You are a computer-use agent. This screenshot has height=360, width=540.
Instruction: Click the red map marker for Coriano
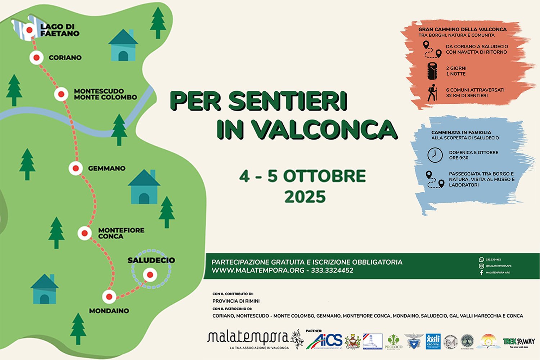(x=36, y=58)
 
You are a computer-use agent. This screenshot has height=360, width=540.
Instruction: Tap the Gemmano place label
(x=107, y=168)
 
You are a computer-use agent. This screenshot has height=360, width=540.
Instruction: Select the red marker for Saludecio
(x=150, y=275)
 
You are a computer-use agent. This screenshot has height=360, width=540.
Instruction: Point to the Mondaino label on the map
(x=109, y=311)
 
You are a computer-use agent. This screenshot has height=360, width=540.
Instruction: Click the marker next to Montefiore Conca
(x=85, y=233)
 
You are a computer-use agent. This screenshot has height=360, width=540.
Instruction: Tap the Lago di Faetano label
(x=60, y=30)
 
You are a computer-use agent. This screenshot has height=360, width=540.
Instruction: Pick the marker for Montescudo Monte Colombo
(x=61, y=94)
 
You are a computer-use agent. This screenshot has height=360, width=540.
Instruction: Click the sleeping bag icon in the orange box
(x=432, y=71)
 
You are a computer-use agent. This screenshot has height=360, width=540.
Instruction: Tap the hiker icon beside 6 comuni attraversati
(x=432, y=93)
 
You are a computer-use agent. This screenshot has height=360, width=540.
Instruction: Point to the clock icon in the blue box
(x=435, y=155)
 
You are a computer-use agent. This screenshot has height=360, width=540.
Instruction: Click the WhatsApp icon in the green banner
(x=481, y=260)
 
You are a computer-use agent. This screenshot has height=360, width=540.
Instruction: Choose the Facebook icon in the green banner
(x=481, y=273)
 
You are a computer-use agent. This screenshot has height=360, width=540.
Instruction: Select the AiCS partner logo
(x=324, y=341)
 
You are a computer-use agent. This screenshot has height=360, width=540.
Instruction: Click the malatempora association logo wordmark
(x=248, y=338)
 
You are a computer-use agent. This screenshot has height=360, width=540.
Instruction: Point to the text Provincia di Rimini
(x=236, y=301)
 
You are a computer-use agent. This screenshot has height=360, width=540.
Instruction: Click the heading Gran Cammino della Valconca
(x=462, y=29)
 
